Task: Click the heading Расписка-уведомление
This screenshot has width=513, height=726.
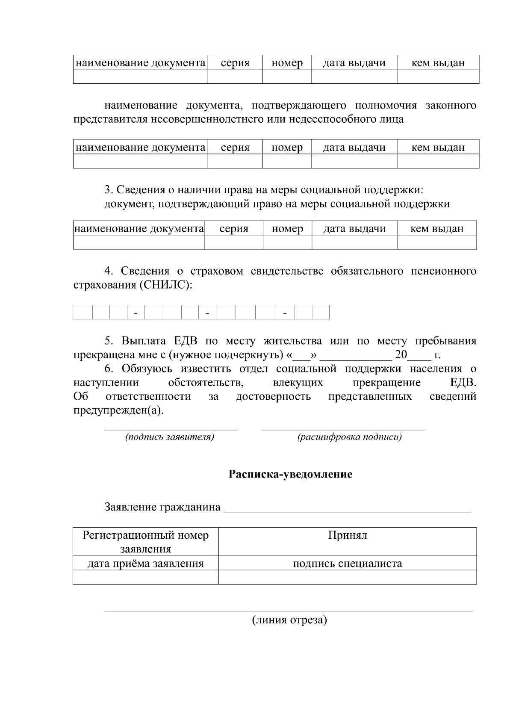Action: click(290, 474)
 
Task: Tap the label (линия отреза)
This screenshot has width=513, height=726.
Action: click(289, 620)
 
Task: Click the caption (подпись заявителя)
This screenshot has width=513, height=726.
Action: click(169, 437)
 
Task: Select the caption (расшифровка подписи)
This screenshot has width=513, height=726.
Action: click(349, 437)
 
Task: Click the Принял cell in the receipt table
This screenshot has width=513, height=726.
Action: click(347, 535)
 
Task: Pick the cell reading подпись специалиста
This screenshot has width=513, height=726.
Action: click(347, 564)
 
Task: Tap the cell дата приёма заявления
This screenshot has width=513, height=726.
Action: click(145, 564)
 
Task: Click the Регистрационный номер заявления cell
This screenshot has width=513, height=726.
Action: click(145, 542)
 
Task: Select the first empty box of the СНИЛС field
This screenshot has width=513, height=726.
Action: click(83, 312)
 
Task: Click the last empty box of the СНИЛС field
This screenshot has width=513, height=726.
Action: click(321, 312)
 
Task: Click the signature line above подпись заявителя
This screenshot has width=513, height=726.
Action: click(171, 428)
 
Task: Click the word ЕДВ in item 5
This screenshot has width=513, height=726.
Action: click(185, 341)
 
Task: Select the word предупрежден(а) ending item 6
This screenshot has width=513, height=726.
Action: click(118, 410)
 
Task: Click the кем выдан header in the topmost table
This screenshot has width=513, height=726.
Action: click(438, 63)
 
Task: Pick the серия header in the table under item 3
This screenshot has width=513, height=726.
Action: click(233, 229)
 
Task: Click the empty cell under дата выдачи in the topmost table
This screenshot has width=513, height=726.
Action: click(354, 77)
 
